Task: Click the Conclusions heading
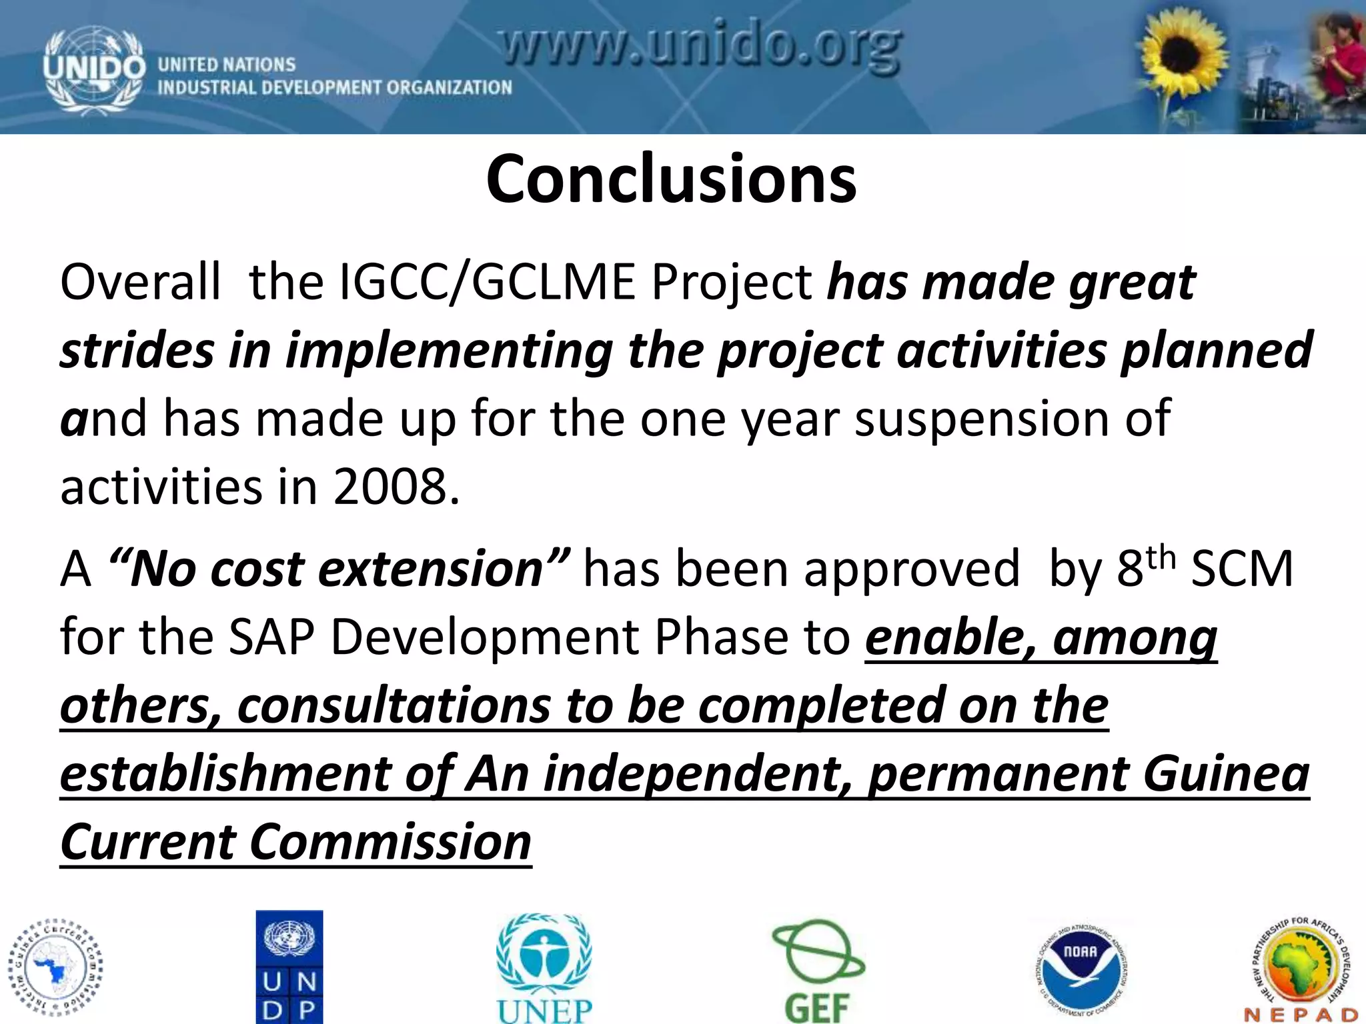click(x=671, y=179)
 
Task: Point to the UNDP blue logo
click(x=289, y=966)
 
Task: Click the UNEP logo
click(x=544, y=967)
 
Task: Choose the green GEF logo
click(x=818, y=970)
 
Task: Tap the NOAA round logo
click(x=1081, y=967)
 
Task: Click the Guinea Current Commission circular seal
click(x=55, y=967)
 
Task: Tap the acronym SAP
click(x=271, y=638)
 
